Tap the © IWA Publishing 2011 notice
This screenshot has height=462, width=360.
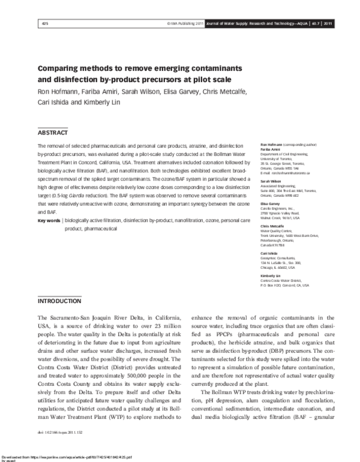point(184,23)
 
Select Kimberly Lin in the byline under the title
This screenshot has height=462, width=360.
point(107,102)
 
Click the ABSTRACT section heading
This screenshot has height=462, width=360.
point(53,132)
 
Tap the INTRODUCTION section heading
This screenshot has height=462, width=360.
point(59,299)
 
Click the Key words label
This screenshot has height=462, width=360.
point(49,204)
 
